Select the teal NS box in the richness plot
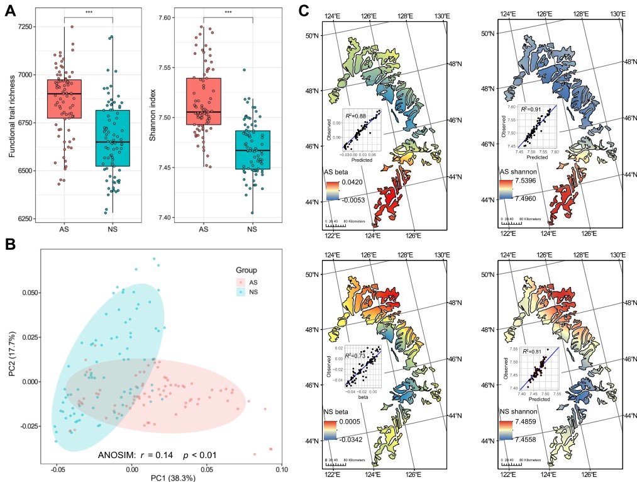[x=112, y=138]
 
